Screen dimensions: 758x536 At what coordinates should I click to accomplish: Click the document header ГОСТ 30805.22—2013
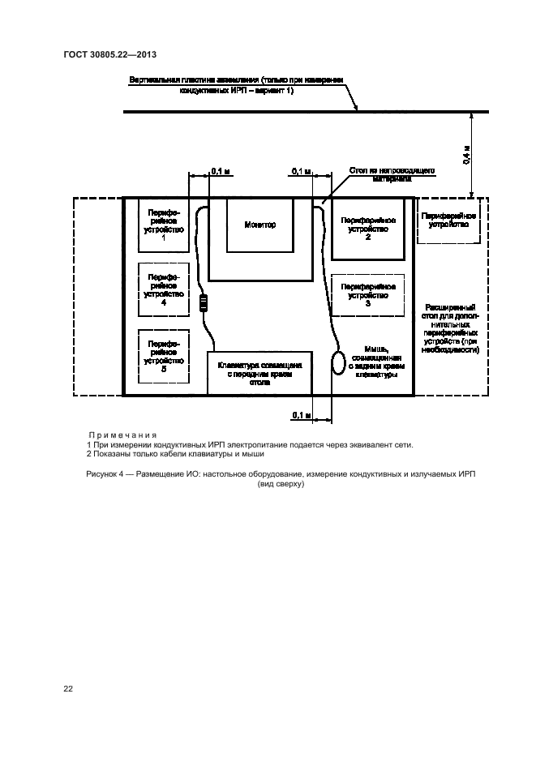tap(109, 54)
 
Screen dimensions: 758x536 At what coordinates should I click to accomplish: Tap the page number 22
tap(69, 689)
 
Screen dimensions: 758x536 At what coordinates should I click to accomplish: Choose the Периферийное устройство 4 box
tap(164, 289)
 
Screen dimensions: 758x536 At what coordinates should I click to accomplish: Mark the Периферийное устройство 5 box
tap(164, 356)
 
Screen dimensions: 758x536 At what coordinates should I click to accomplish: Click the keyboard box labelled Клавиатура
tap(259, 372)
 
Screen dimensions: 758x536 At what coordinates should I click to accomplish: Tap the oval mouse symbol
tap(338, 362)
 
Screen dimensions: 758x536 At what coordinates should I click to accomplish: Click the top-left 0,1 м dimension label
tap(220, 171)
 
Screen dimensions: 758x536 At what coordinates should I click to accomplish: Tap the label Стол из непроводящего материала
tap(394, 175)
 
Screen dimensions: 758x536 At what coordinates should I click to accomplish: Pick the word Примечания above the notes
tap(121, 435)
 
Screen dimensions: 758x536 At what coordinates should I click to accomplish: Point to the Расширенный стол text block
tap(451, 328)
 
